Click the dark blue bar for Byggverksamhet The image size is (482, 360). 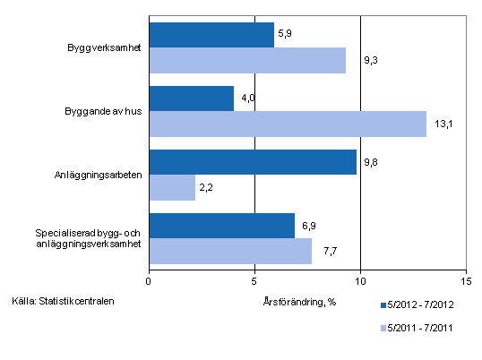coord(211,35)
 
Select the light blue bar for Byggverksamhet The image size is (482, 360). coord(247,60)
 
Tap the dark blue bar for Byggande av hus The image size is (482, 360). coord(192,99)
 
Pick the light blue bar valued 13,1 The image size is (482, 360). coord(288,124)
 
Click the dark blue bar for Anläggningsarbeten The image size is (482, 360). coord(253,162)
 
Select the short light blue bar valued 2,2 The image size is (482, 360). coord(172,187)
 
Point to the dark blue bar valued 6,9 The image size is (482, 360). coord(222,226)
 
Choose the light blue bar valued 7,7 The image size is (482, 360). coord(230,251)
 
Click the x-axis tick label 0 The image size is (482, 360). coord(149,279)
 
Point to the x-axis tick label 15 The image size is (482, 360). coord(465,279)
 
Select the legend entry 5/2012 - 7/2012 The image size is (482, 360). coord(422,305)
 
